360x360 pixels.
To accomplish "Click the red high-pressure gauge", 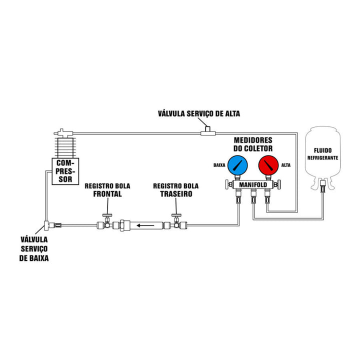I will [269, 165].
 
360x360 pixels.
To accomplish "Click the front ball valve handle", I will [106, 215].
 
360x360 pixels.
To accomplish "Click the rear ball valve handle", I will [175, 215].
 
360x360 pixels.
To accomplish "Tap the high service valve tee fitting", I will [206, 132].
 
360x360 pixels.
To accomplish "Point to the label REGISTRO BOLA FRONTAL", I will [103, 189].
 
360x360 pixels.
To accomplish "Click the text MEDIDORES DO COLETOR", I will [253, 144].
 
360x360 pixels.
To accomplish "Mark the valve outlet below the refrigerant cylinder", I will [322, 188].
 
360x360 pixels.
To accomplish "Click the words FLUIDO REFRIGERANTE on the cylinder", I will [322, 153].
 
